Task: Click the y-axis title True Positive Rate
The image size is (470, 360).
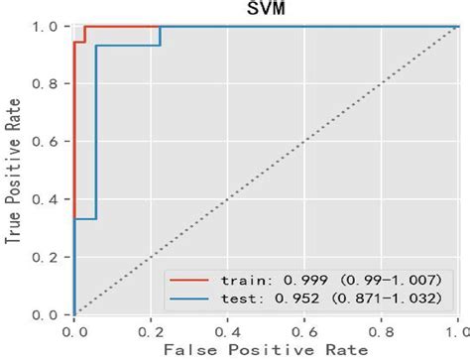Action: coord(13,170)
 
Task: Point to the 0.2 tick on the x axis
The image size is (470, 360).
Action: coord(151,327)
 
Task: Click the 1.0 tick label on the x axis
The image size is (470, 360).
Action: coord(457,327)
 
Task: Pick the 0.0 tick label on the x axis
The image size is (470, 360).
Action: coord(74,327)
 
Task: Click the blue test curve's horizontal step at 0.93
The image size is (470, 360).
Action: coord(127,46)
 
